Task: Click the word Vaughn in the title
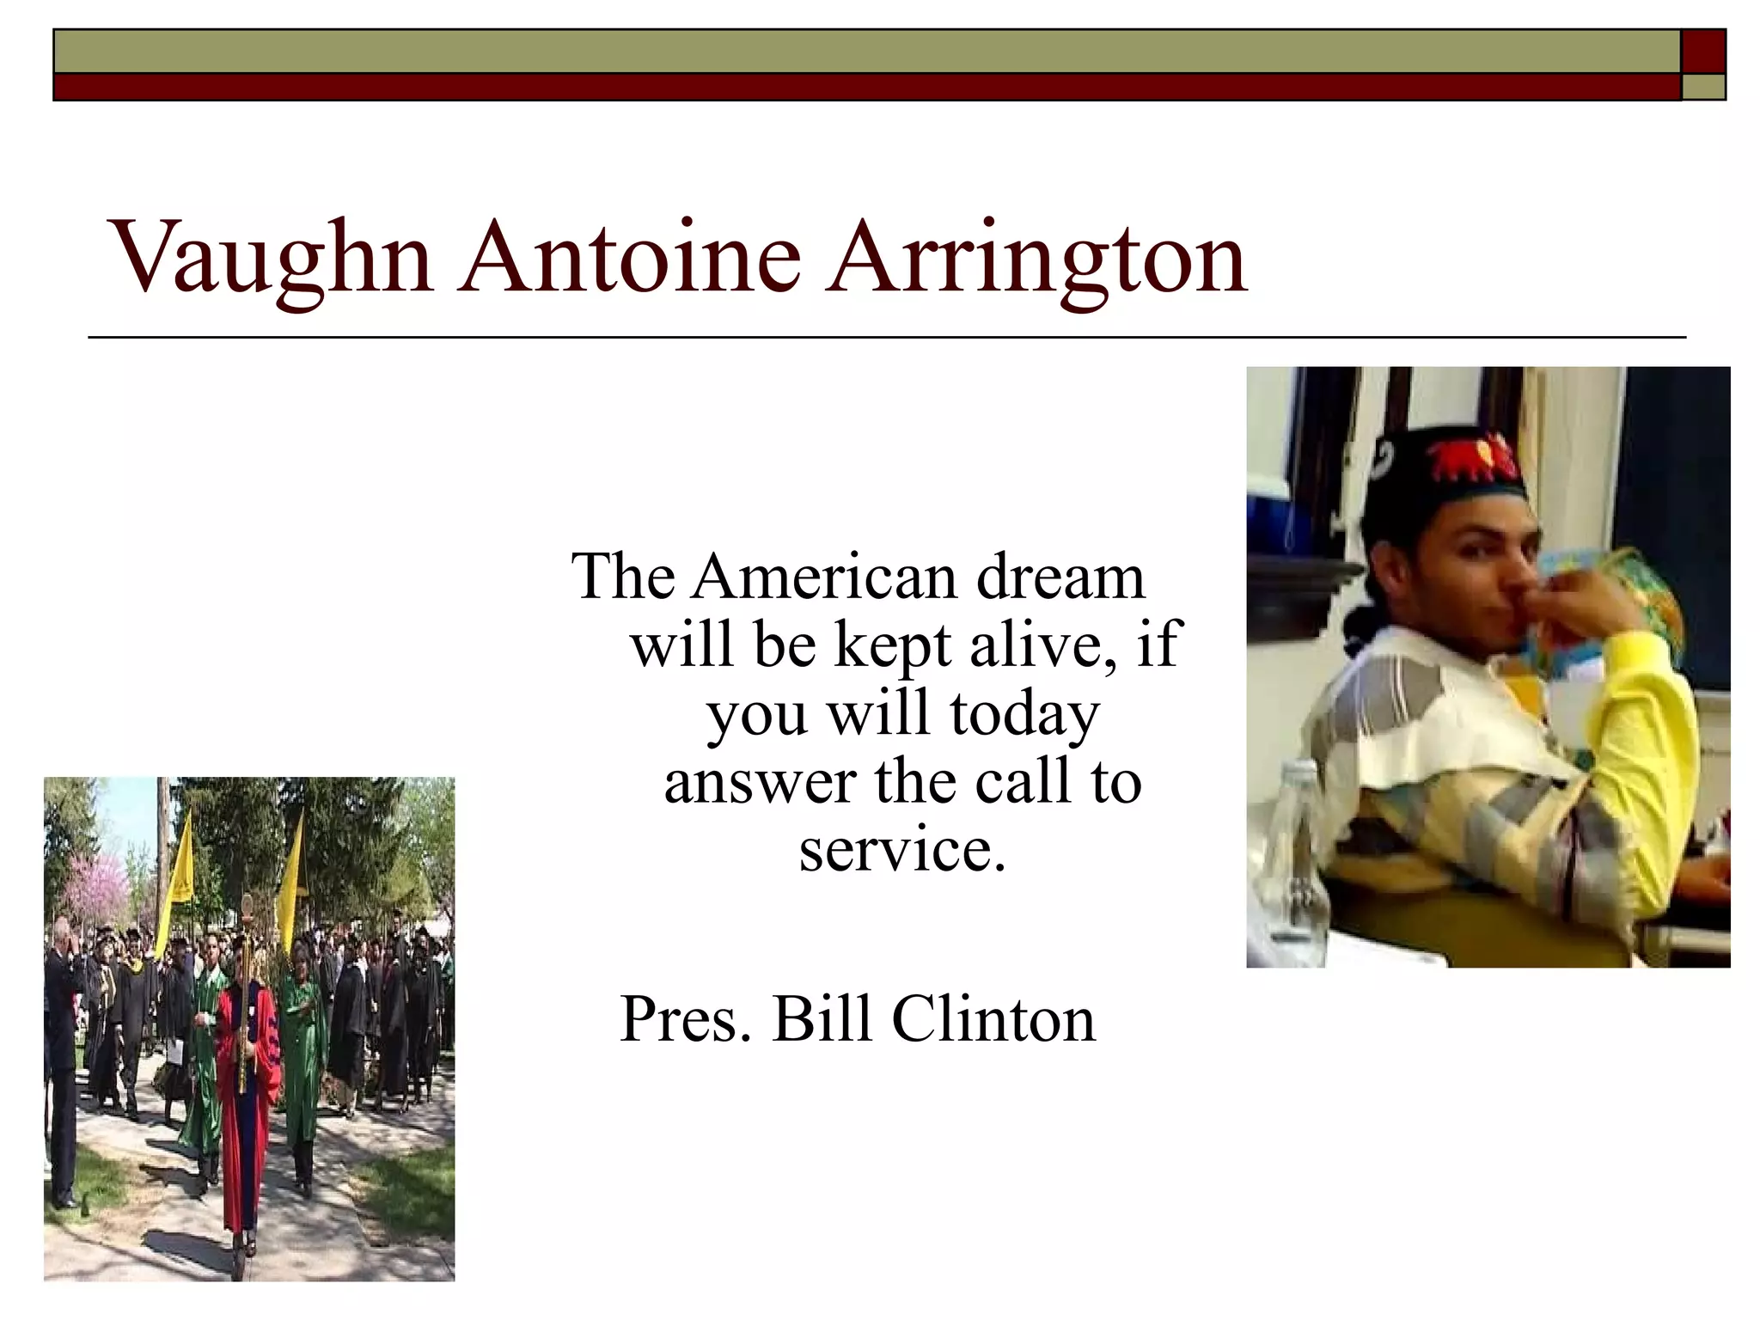coord(271,258)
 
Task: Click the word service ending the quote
coord(901,850)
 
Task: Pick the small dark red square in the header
coord(1703,51)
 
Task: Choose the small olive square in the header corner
coord(1703,87)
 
